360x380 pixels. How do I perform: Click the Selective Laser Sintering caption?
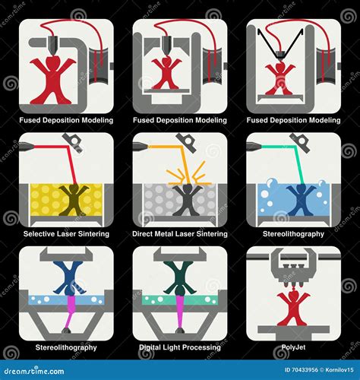pos(67,234)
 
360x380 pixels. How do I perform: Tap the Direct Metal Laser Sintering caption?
pos(180,234)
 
